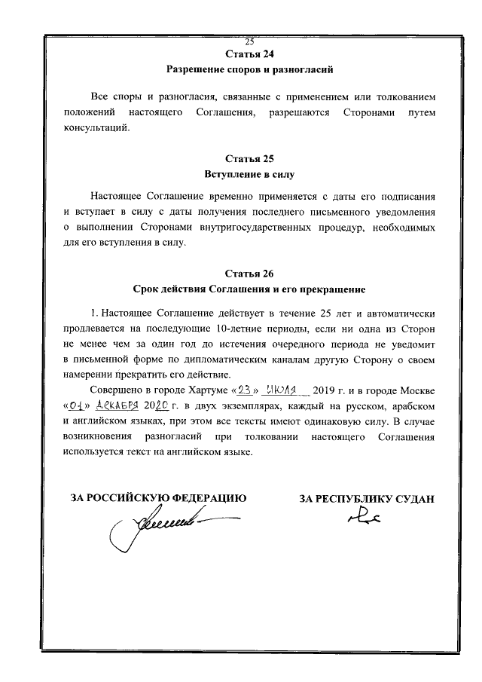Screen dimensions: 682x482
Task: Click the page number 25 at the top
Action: click(x=249, y=41)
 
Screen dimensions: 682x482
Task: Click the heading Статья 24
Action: click(x=249, y=54)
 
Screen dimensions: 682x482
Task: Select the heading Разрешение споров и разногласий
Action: click(x=249, y=69)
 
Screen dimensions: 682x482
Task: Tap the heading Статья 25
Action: click(x=249, y=159)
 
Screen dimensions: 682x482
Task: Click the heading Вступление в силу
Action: click(x=249, y=174)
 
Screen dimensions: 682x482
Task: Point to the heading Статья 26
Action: click(x=249, y=273)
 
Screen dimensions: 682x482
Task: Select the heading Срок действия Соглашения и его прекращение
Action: click(x=249, y=289)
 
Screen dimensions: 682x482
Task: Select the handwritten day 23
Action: click(x=247, y=390)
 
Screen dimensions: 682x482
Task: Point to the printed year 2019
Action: click(x=327, y=391)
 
